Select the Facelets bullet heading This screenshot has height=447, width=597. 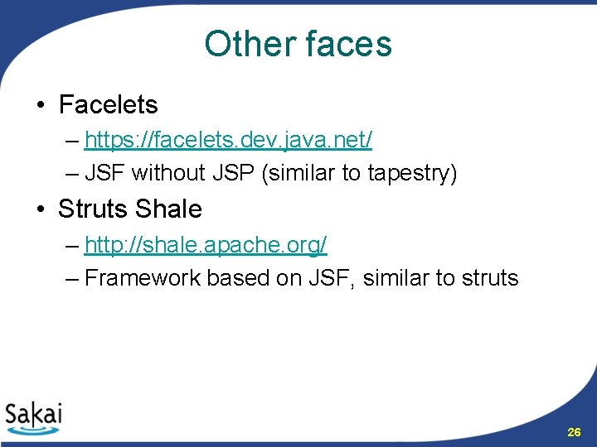(x=108, y=105)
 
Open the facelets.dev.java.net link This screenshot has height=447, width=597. (x=228, y=140)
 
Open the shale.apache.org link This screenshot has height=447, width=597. (x=206, y=244)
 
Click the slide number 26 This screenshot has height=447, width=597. (x=573, y=432)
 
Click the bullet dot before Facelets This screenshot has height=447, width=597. (x=40, y=106)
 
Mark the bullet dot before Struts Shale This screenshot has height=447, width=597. (x=40, y=210)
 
